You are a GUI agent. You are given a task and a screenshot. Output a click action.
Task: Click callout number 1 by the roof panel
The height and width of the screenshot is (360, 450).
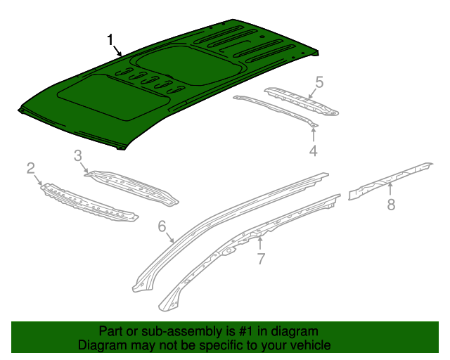110,39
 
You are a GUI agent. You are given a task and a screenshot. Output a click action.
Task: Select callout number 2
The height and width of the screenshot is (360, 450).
31,167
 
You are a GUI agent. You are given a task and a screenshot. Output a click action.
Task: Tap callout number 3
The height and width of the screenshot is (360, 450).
78,155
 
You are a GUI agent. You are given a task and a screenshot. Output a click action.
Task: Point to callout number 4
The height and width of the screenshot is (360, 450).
313,150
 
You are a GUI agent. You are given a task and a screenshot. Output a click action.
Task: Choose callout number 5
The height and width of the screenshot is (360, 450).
319,83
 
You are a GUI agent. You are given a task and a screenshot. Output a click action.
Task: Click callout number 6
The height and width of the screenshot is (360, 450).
161,226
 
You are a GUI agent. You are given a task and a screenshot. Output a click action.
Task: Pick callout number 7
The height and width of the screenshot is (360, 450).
261,259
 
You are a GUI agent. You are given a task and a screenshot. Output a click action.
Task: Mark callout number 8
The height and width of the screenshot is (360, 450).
391,205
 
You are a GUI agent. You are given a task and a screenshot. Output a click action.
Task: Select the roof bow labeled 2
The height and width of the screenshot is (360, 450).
88,204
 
